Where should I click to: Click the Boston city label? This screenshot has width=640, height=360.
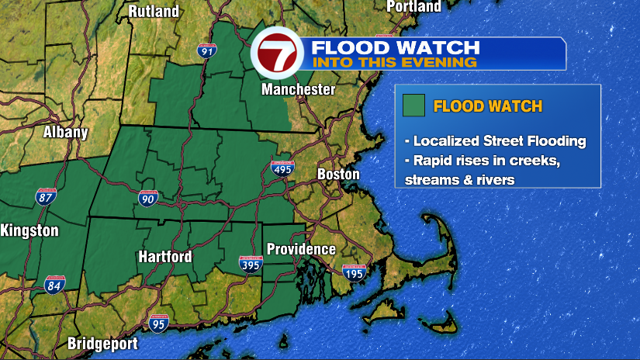338,175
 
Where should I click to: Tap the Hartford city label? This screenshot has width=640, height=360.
165,257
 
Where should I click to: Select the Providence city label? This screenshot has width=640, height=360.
301,249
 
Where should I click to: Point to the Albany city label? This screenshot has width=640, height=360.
65,132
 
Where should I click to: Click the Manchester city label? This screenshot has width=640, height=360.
299,90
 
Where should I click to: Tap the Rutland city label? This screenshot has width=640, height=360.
154,11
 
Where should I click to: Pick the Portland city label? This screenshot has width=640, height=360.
413,7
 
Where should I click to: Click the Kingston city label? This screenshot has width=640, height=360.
29,230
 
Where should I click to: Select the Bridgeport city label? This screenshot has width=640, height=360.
102,343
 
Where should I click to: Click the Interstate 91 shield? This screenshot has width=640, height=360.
206,51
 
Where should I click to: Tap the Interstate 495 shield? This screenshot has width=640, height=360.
282,168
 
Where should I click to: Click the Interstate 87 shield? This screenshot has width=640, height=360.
46,196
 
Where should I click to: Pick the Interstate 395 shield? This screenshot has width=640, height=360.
251,265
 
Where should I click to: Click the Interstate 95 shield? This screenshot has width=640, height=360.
158,324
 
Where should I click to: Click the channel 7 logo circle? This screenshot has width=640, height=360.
274,54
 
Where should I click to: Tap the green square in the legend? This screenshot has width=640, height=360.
414,106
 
